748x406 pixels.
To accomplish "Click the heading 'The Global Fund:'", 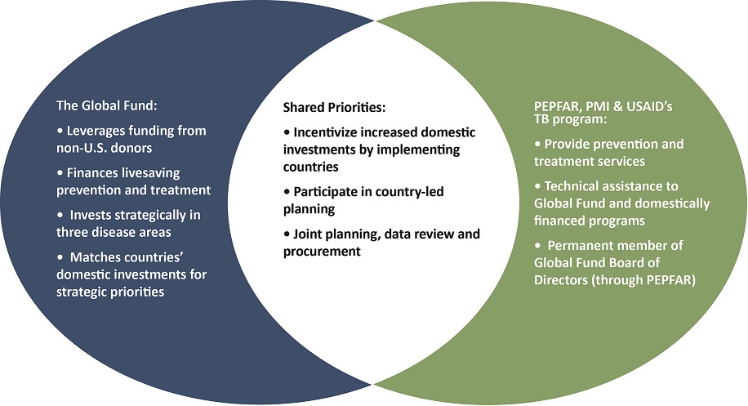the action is [x=106, y=105].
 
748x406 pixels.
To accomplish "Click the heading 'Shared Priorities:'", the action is [x=334, y=107].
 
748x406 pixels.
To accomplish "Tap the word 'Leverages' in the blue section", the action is [x=96, y=132].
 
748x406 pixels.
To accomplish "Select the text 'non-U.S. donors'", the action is [x=104, y=148].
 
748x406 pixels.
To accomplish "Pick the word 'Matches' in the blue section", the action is [x=93, y=257].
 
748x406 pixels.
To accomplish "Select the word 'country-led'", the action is [x=409, y=192].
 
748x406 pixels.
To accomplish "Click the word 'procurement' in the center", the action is [x=322, y=252].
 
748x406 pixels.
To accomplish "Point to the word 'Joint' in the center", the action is [x=308, y=234].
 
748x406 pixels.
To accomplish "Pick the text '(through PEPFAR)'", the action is [x=643, y=280].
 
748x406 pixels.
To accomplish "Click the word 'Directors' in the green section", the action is [x=561, y=280].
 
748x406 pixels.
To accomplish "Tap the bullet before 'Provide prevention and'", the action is [x=537, y=144].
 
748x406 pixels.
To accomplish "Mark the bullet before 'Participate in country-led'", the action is [x=287, y=192].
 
